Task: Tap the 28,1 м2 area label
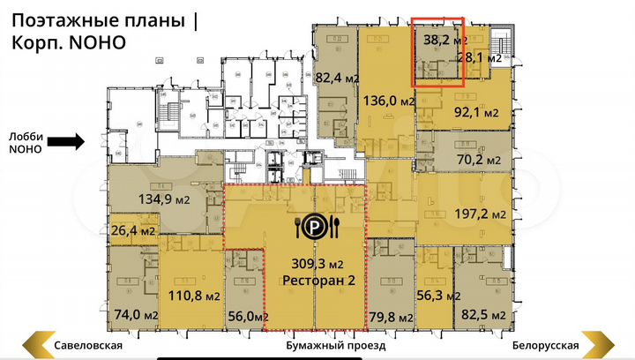pos(481,57)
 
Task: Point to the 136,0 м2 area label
pos(389,101)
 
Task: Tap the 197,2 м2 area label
pos(481,214)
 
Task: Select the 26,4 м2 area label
pos(132,232)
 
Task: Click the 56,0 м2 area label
pos(246,315)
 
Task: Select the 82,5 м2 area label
pos(485,315)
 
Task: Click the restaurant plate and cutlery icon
pos(314,228)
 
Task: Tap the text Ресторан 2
pos(313,281)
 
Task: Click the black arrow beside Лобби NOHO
pos(65,140)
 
